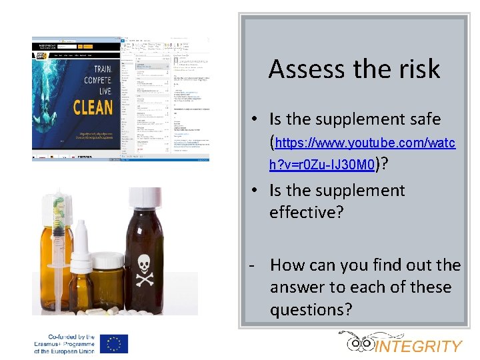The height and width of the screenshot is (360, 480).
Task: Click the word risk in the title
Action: pos(417,69)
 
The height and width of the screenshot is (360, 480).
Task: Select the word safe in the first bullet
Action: pos(422,119)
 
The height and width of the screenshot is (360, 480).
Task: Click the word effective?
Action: pos(305,213)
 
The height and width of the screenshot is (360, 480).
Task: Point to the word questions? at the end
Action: pos(311,310)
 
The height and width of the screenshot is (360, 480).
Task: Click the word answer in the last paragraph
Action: pos(298,287)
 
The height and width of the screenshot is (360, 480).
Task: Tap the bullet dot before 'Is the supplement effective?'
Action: pos(255,191)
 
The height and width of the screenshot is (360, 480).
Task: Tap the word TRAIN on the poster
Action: pos(103,69)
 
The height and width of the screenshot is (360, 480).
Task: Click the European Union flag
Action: pos(114,343)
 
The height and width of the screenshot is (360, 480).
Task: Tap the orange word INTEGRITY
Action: pos(419,346)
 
